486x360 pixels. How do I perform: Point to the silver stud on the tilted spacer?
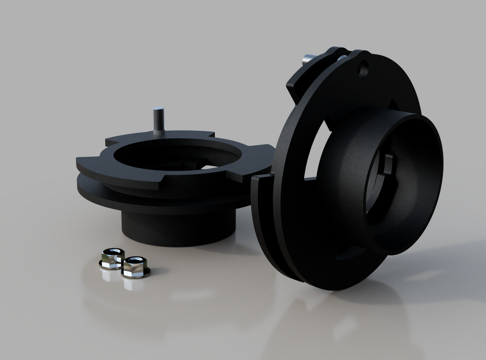(x=309, y=58)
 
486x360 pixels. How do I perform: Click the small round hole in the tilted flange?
(x=363, y=69)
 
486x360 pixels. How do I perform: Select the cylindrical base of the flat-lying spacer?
(x=178, y=229)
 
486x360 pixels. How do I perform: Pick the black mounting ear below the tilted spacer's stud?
(x=300, y=85)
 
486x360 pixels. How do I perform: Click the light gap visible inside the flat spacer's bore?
(x=209, y=167)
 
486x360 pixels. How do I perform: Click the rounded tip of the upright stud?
(x=158, y=109)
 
